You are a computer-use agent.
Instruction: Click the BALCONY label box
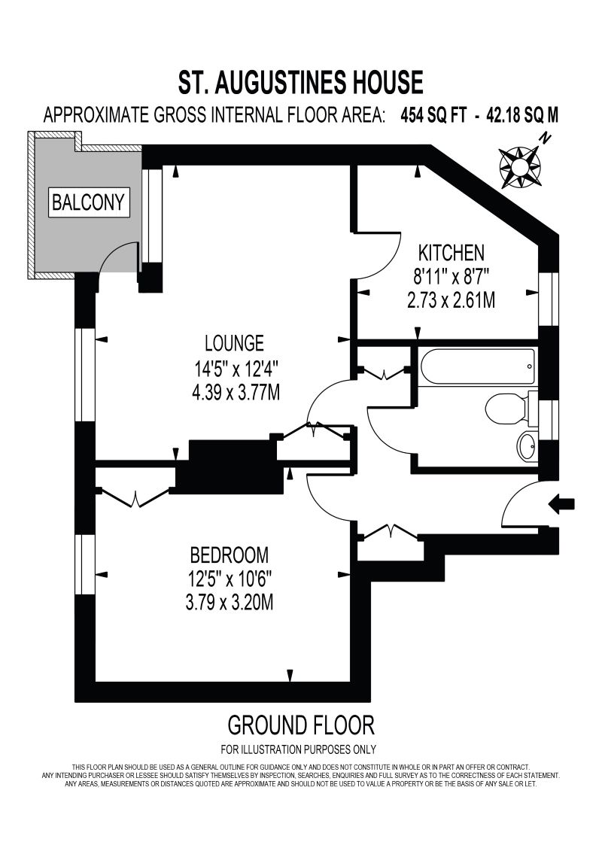90,202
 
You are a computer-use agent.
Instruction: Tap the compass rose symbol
520,165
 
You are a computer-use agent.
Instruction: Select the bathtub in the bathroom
477,367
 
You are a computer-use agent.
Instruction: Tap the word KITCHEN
451,252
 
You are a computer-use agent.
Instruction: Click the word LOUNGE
234,343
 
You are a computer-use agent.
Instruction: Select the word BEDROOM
229,555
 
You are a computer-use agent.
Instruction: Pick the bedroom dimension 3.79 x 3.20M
230,603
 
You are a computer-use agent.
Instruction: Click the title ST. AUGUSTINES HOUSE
300,81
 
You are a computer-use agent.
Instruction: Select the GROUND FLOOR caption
300,725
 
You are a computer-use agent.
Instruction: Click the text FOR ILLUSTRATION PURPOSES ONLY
298,749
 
